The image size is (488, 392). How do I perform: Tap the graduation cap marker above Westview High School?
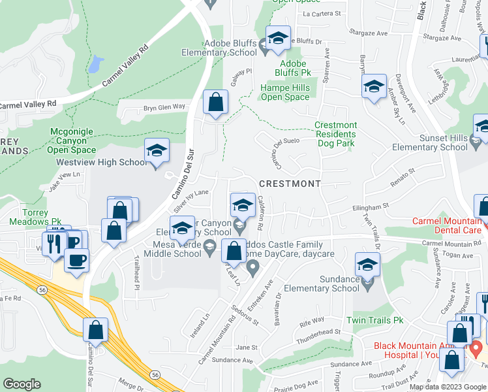(x=157, y=150)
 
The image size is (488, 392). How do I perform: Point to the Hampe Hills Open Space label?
(x=284, y=92)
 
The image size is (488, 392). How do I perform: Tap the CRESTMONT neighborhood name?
(x=290, y=184)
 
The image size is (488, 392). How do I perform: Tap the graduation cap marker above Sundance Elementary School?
(x=368, y=265)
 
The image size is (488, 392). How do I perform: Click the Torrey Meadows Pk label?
(x=34, y=217)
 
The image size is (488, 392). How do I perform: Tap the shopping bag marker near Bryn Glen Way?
(x=215, y=103)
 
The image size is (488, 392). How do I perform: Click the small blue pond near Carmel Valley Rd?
(x=96, y=64)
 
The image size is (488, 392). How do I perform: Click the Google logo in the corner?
(x=22, y=384)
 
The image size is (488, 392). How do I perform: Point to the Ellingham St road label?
(x=370, y=205)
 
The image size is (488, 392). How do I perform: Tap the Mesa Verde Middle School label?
(x=172, y=249)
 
